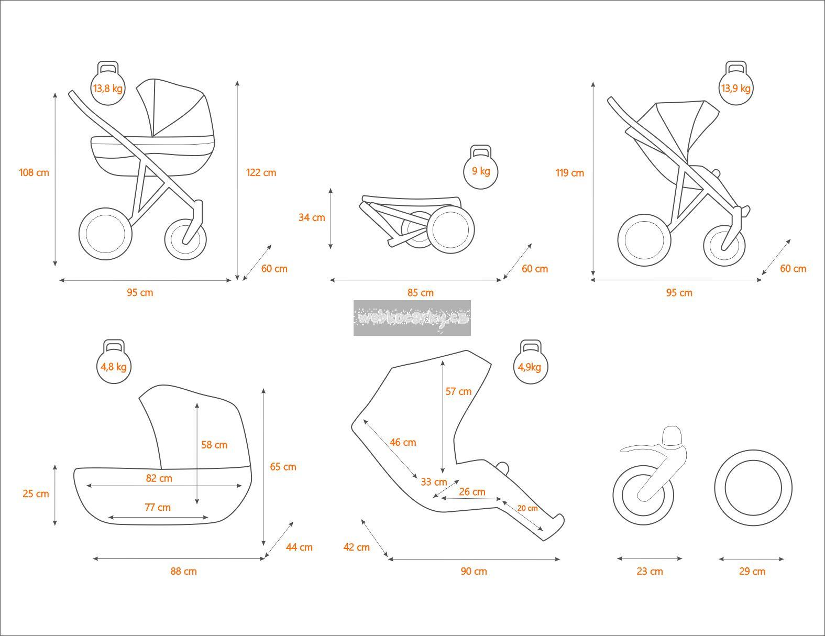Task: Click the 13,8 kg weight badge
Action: click(x=108, y=87)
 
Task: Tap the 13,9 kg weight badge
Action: click(x=735, y=87)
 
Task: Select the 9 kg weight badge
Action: click(x=481, y=170)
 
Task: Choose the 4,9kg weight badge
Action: click(x=530, y=366)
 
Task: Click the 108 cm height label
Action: click(x=34, y=172)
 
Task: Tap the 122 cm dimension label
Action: click(x=261, y=172)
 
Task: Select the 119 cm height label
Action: click(x=570, y=172)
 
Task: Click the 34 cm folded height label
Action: click(x=312, y=217)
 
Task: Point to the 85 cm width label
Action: click(x=420, y=292)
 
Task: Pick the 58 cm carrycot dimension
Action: click(x=214, y=444)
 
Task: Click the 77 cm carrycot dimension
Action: click(x=158, y=507)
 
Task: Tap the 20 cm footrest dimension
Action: click(x=527, y=508)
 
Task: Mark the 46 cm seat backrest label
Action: click(x=403, y=442)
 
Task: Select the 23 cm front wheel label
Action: click(x=650, y=571)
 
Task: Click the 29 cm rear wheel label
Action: click(x=752, y=571)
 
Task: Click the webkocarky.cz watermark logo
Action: click(x=412, y=317)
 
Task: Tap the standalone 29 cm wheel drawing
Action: click(x=753, y=488)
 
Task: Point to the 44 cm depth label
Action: click(x=299, y=547)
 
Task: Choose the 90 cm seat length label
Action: click(x=474, y=571)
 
